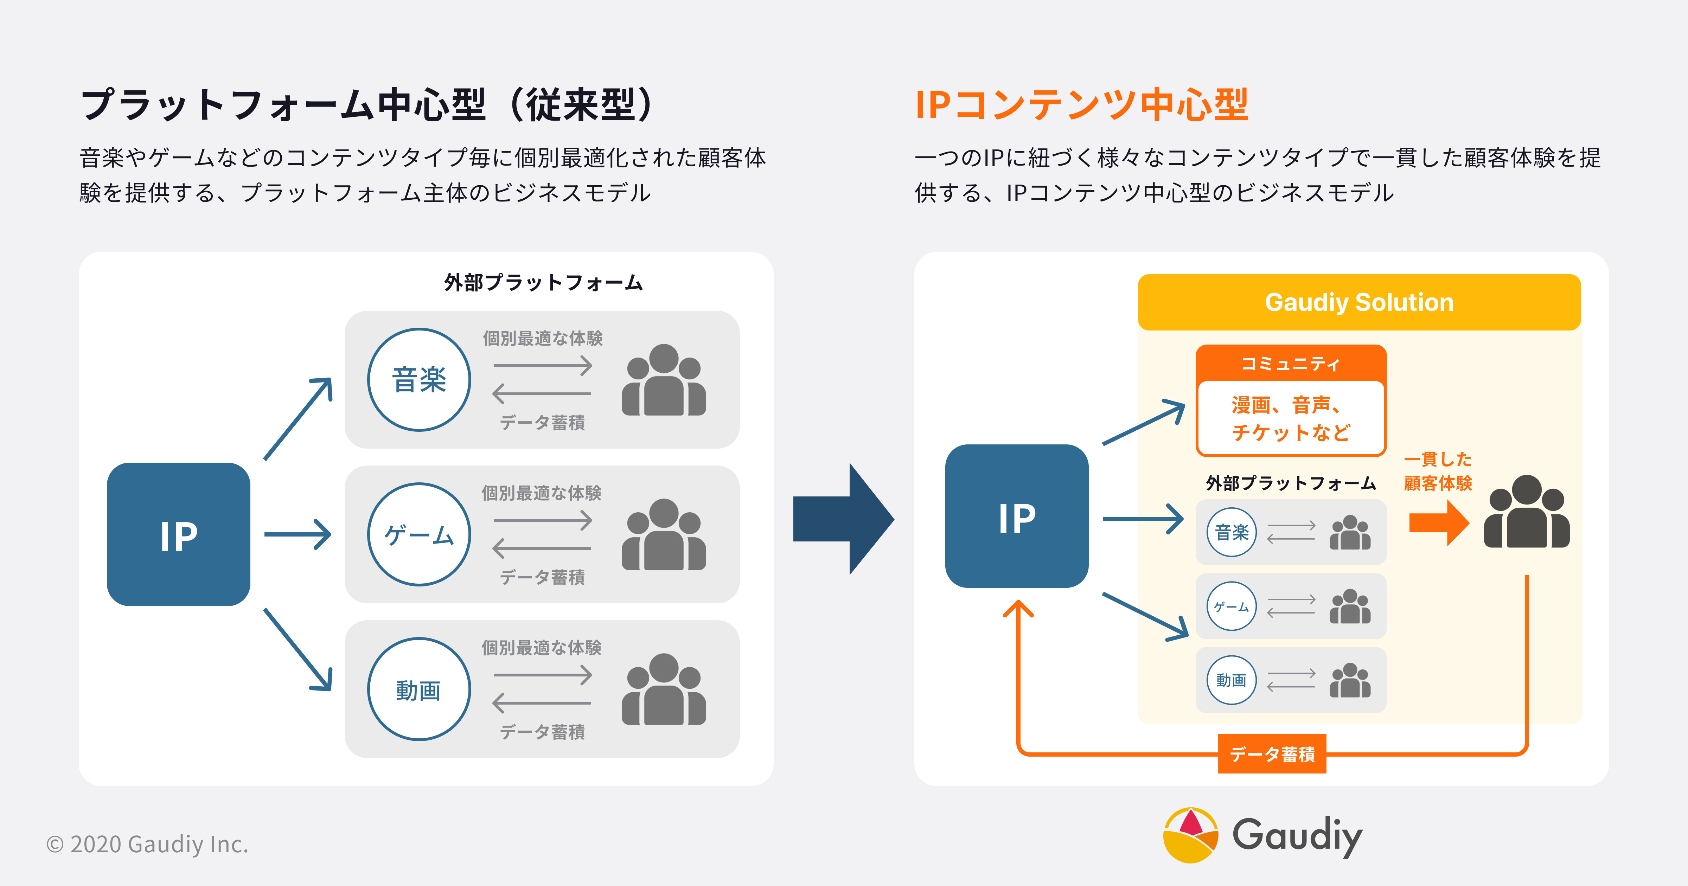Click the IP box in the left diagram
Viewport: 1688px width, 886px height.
178,534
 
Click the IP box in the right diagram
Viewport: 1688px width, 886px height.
1016,516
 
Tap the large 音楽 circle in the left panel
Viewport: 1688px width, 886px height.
419,379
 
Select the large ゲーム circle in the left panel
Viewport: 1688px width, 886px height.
419,534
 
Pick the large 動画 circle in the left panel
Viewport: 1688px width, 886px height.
419,689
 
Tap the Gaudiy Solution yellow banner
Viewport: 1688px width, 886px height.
1359,302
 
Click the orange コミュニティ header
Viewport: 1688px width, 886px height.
1290,363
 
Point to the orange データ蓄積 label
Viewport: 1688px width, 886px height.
1272,754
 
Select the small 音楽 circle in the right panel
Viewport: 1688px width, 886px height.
1231,532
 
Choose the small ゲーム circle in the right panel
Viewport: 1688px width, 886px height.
1231,606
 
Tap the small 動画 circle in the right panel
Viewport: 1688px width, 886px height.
1231,680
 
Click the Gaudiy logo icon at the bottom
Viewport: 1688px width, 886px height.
1190,835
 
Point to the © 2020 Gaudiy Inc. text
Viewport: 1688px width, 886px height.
147,844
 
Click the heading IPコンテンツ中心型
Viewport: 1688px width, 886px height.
1081,105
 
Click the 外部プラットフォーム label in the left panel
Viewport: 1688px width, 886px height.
543,282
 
